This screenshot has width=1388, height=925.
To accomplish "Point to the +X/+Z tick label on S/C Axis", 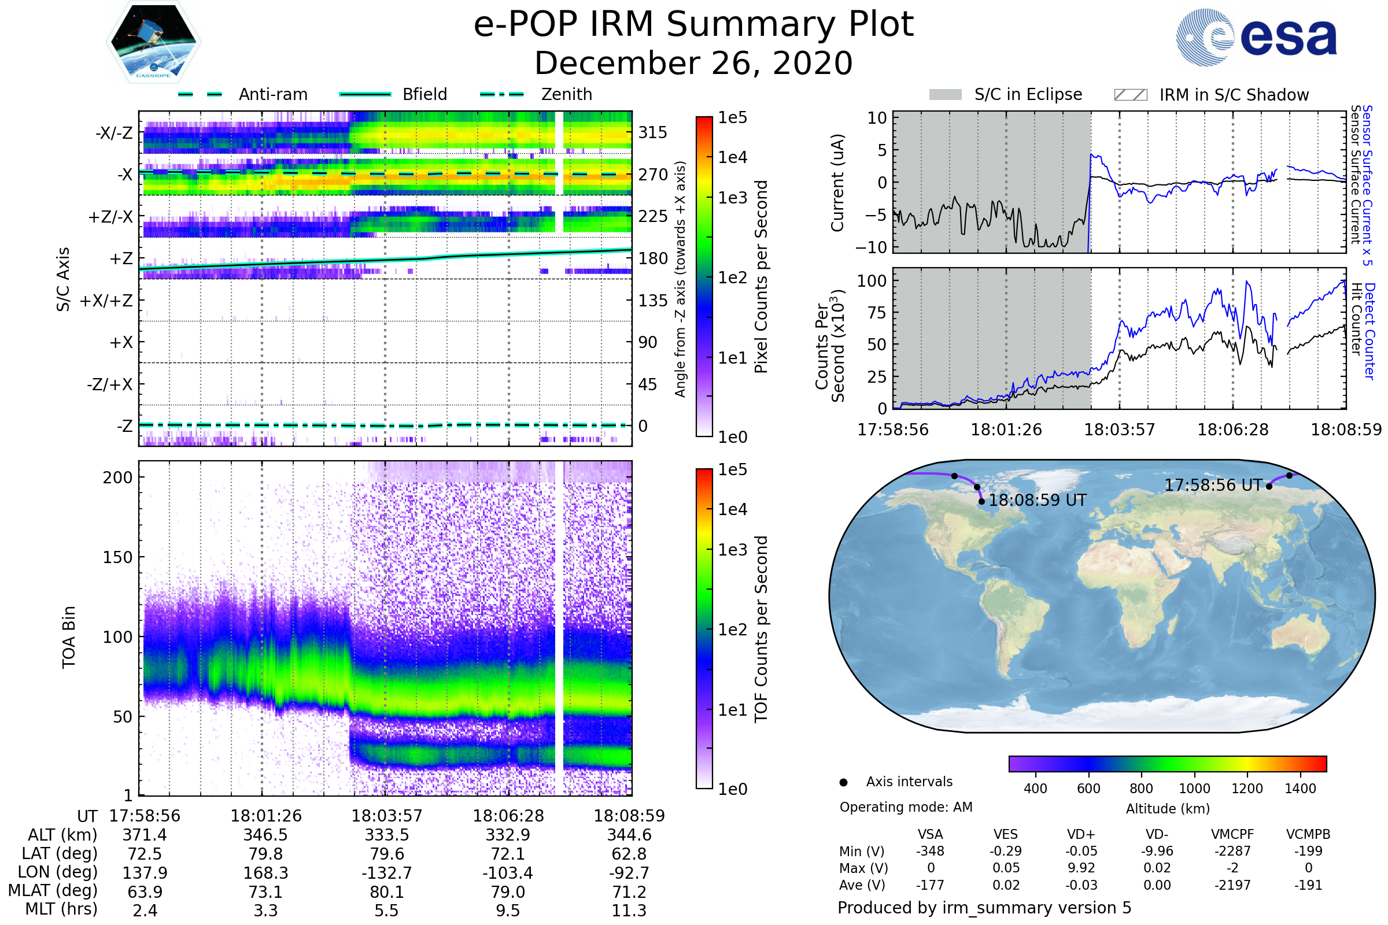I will (107, 301).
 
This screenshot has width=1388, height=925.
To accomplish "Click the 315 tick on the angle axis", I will (653, 132).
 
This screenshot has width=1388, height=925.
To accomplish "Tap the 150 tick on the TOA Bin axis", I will (117, 557).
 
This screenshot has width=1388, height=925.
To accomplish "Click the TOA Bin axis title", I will (68, 637).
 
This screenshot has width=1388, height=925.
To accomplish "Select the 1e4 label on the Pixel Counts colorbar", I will (732, 157).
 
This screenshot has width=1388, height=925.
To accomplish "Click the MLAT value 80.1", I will (386, 892).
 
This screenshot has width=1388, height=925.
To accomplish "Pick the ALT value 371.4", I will (145, 835).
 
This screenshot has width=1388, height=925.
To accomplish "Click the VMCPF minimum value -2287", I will (1232, 851).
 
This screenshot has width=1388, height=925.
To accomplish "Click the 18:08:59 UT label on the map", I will (1038, 500).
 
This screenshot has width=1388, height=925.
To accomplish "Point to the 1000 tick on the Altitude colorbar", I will (1194, 789).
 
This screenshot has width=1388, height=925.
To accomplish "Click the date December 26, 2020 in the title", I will (693, 63).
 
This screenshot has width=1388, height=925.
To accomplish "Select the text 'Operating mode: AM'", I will (906, 807).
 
